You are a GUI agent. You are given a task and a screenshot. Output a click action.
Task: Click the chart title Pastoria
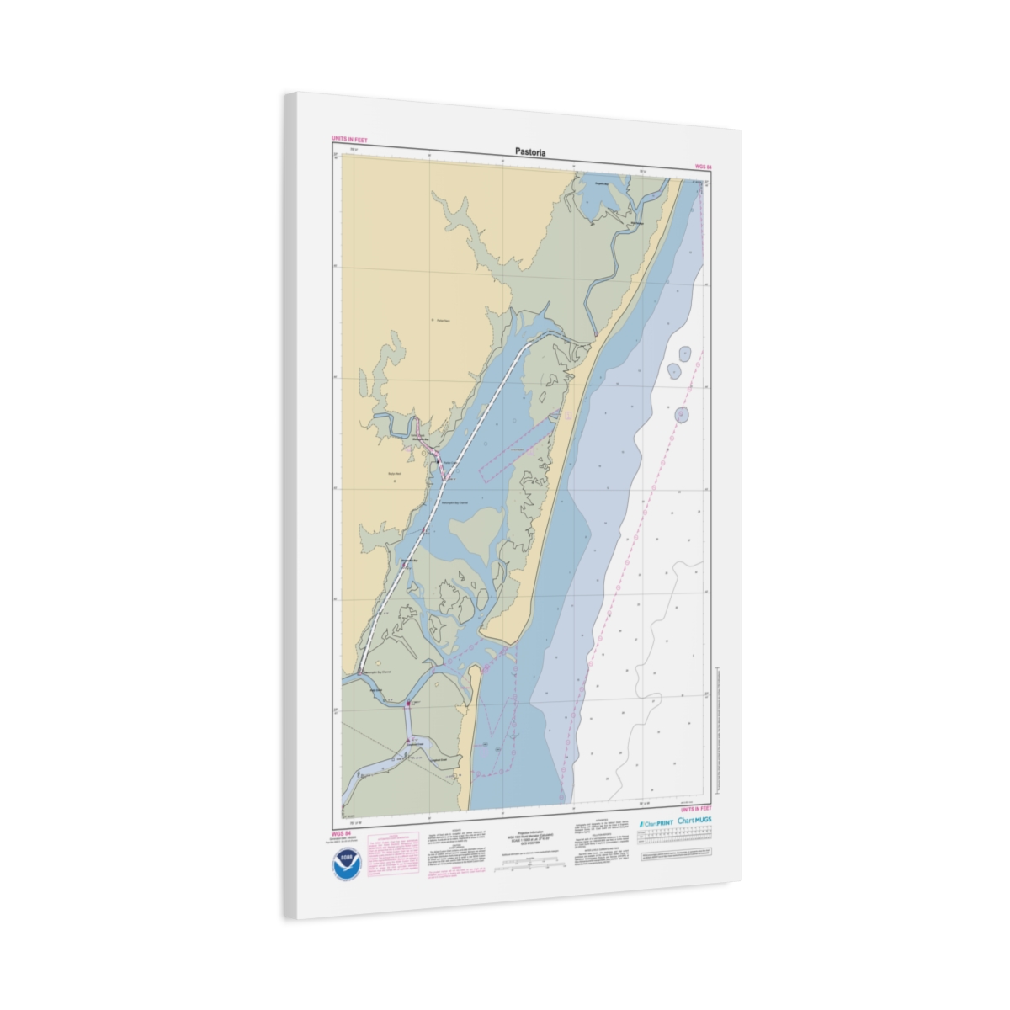(530, 152)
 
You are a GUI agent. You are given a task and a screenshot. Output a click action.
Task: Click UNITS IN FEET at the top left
(349, 140)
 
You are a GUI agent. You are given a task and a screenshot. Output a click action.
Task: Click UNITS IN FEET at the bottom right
(690, 809)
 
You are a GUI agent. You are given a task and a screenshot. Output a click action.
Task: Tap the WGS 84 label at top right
(703, 167)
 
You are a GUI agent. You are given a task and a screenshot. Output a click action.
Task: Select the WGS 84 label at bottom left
(342, 833)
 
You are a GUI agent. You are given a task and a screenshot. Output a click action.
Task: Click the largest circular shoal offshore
(681, 414)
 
